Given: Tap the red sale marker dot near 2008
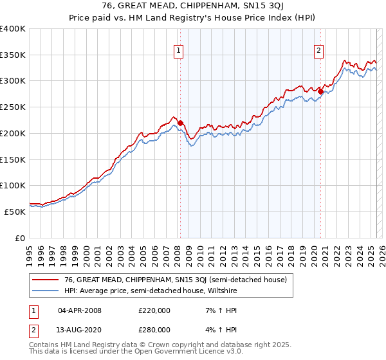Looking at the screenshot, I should pyautogui.click(x=180, y=123).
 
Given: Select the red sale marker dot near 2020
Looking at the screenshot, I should pyautogui.click(x=320, y=91).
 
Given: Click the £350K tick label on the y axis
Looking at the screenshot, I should pyautogui.click(x=13, y=55).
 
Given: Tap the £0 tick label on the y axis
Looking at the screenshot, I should pyautogui.click(x=21, y=238).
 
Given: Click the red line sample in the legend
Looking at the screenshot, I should pyautogui.click(x=45, y=280).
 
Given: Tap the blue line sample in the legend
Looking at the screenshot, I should pyautogui.click(x=45, y=291).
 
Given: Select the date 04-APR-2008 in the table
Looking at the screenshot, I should pyautogui.click(x=80, y=310).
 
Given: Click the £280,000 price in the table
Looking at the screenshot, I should pyautogui.click(x=154, y=330).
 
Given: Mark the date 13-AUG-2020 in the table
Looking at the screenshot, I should pyautogui.click(x=80, y=330).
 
